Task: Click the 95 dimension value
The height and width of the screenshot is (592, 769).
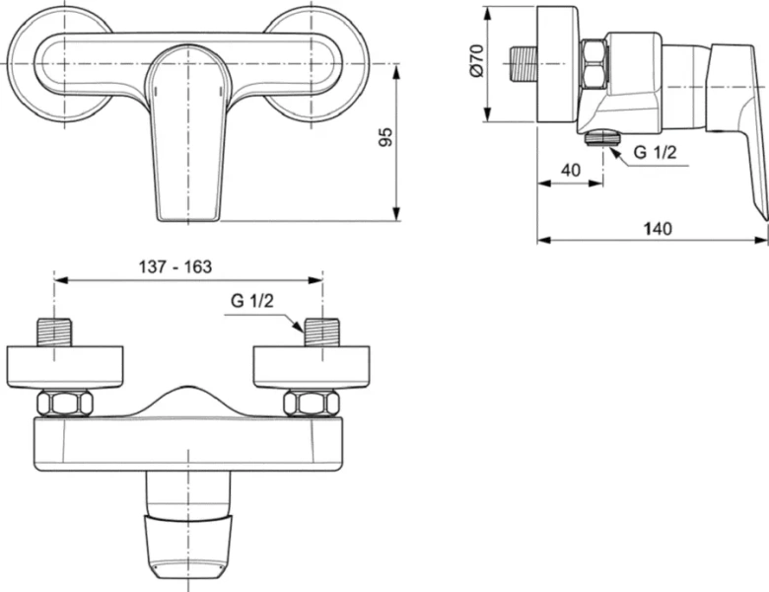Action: (x=387, y=137)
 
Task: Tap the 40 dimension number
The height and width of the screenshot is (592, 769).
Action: (x=570, y=170)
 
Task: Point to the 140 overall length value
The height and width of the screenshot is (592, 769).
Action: (x=657, y=228)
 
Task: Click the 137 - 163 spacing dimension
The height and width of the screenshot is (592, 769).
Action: (x=175, y=266)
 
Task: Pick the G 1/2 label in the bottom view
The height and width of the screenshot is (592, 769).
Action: (x=252, y=301)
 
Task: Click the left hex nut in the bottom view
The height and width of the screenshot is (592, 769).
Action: (x=65, y=403)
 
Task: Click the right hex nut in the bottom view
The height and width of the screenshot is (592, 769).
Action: (x=311, y=403)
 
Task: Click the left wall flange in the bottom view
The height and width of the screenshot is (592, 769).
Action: (x=65, y=366)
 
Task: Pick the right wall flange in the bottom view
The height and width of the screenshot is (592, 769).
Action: (x=312, y=366)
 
